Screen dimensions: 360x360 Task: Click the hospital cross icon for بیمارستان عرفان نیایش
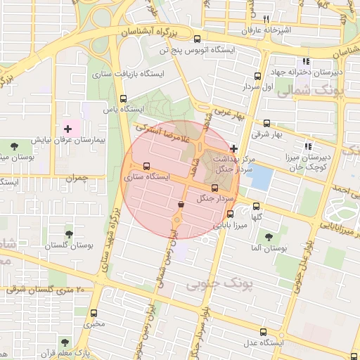point(68,129)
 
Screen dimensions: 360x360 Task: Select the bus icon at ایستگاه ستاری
point(146,167)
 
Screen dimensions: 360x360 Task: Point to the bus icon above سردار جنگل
point(215,188)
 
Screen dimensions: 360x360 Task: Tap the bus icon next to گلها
point(255,207)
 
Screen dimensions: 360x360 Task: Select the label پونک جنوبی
point(207,283)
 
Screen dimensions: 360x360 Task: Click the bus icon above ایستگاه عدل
point(263,332)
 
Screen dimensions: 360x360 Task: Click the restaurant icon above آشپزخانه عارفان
point(266,19)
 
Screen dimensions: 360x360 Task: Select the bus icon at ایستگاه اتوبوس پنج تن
point(197,39)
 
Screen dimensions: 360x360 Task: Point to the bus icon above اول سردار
point(257,76)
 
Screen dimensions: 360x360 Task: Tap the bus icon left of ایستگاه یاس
point(124,99)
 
